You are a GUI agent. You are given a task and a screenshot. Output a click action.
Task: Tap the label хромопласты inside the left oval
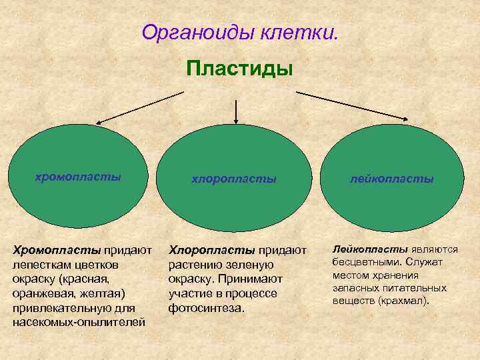(78, 177)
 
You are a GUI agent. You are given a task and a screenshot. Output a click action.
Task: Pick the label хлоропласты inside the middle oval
(234, 179)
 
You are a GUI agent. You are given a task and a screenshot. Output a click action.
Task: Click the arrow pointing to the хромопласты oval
(140, 107)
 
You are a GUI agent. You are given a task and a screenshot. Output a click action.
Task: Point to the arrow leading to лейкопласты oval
(353, 106)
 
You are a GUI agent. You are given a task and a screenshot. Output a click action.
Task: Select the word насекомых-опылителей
(79, 323)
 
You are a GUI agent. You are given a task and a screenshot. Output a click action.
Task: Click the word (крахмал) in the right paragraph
(405, 300)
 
